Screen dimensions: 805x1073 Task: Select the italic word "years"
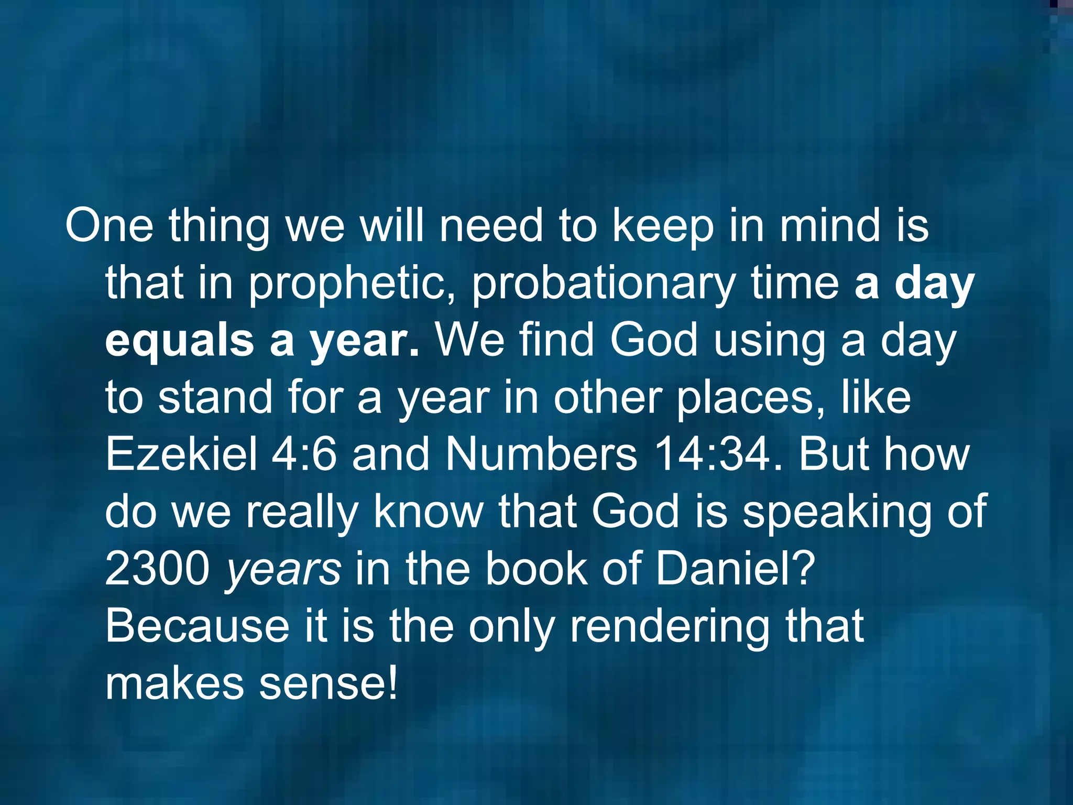(283, 570)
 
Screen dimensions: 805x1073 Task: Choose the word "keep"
(663, 227)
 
